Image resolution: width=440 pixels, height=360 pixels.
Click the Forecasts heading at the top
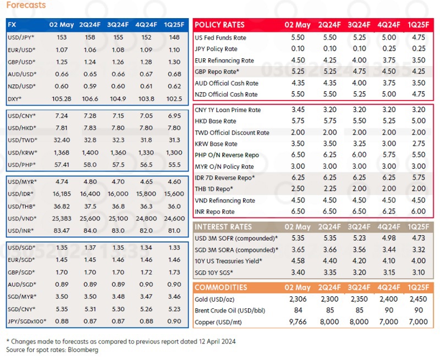(x=26, y=5)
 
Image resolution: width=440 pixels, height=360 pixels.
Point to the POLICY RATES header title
(x=220, y=25)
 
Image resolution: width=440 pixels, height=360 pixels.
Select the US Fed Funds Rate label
(x=221, y=38)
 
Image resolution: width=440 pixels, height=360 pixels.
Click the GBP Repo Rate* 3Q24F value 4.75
(x=360, y=72)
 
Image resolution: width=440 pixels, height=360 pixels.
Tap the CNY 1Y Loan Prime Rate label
(x=228, y=110)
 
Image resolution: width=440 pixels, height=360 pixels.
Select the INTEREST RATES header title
(x=223, y=226)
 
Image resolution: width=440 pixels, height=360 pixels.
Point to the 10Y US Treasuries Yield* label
(x=228, y=261)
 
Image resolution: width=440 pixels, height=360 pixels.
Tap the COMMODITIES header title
(x=221, y=287)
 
